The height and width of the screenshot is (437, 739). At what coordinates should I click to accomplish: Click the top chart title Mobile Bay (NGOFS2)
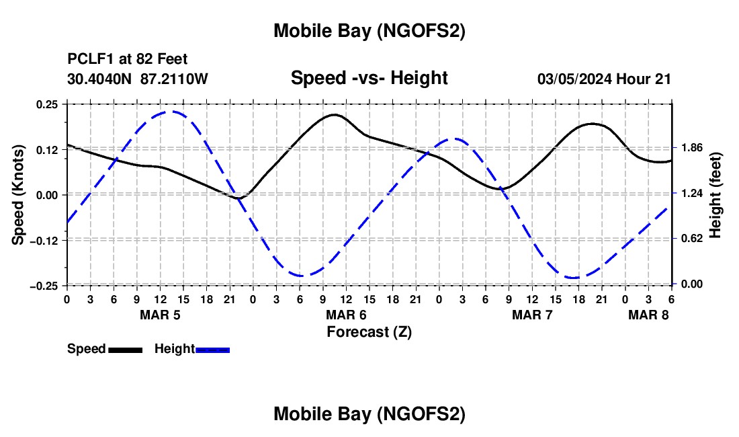click(x=369, y=31)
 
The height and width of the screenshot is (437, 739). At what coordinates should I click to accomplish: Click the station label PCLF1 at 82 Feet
click(x=128, y=60)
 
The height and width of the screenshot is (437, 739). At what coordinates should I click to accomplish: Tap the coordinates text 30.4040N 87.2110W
click(x=138, y=79)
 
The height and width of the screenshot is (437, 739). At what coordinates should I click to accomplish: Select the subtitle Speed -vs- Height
click(x=369, y=78)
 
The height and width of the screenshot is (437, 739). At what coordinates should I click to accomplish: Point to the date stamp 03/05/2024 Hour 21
click(x=604, y=79)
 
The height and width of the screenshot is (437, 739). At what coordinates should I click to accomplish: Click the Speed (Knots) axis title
click(x=19, y=194)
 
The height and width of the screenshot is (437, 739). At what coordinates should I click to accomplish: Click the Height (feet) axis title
click(x=715, y=194)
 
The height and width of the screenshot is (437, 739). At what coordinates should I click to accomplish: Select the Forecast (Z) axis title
click(x=369, y=331)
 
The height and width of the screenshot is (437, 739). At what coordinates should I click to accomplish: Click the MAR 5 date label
click(x=160, y=315)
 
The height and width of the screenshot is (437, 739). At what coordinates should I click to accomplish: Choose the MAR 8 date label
click(x=648, y=315)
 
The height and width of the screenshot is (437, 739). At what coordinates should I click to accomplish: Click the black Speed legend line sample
click(x=125, y=350)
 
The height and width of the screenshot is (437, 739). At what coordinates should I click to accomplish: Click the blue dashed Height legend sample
click(x=212, y=350)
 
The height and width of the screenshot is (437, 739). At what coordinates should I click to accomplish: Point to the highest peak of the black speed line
click(x=335, y=114)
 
